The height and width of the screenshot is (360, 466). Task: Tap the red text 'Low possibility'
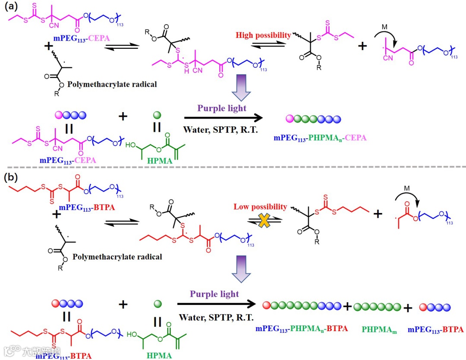click(260, 207)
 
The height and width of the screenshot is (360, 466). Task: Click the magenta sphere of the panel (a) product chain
click(290, 119)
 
